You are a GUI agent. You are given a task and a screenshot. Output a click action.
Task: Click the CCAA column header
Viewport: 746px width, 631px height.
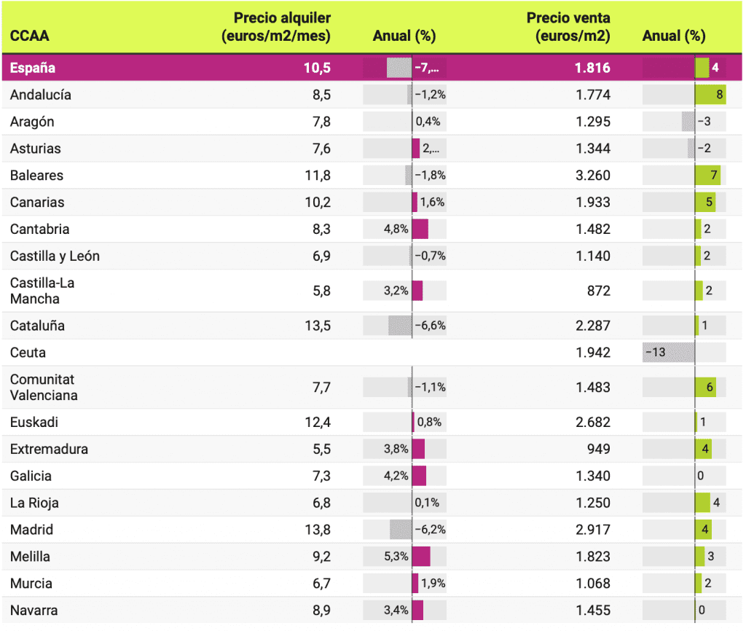30,36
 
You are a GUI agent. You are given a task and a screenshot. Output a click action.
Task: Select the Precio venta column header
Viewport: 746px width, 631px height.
568,27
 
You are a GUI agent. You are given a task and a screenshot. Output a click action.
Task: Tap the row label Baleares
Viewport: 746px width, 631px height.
36,176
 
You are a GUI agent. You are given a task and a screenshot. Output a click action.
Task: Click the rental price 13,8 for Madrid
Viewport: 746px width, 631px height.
317,530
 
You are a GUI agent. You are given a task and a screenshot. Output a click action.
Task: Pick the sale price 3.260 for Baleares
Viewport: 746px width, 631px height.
592,176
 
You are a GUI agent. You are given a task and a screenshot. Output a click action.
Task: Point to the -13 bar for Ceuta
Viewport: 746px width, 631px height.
668,353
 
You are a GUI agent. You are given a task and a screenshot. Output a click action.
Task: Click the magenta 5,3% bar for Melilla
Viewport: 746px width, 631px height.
421,557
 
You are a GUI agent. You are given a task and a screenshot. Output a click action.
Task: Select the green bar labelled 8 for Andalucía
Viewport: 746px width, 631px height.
710,95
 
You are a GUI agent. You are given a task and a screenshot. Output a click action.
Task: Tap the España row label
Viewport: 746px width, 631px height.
32,68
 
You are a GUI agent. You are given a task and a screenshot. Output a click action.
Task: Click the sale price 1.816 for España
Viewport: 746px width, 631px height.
592,68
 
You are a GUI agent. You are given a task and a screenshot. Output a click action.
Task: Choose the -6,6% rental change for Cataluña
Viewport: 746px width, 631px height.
430,326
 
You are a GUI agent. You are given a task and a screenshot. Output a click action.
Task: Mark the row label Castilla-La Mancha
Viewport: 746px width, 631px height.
42,291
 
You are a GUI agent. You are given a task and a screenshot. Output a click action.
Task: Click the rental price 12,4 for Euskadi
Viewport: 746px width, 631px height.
317,422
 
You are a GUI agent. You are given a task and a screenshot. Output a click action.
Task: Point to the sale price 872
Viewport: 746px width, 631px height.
598,291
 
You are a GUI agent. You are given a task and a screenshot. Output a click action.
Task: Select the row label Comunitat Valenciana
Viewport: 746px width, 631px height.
44,388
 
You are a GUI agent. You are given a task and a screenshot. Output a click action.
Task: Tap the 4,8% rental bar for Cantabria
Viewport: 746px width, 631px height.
420,230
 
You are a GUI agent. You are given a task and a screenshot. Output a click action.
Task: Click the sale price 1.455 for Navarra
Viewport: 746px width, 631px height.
592,611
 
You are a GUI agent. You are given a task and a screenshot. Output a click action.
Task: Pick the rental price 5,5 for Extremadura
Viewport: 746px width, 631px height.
321,449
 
